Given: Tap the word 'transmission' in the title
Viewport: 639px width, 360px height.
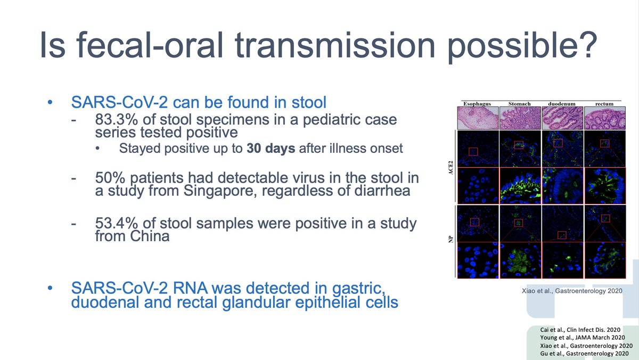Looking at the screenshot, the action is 334,45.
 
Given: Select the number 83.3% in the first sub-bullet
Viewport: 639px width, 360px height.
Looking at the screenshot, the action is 117,119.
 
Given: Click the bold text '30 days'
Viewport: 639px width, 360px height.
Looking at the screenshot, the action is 271,149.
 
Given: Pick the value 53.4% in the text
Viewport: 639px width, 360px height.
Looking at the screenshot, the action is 117,223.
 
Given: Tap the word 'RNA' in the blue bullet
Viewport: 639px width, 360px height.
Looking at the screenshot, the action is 190,288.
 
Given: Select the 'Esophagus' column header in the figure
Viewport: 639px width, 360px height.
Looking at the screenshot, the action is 477,104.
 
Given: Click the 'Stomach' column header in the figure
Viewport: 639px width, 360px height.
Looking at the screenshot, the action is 519,104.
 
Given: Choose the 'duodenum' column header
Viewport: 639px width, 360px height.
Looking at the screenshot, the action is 562,104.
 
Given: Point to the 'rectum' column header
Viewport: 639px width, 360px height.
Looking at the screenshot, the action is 604,104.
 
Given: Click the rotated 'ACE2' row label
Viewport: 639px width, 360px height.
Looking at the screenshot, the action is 450,167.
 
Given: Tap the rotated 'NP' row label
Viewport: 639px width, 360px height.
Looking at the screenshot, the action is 450,239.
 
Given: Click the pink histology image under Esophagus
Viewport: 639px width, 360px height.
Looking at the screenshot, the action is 478,118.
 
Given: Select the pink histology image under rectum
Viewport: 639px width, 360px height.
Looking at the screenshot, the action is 605,118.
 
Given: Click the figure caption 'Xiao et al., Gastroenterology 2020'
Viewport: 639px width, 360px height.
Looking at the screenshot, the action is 572,291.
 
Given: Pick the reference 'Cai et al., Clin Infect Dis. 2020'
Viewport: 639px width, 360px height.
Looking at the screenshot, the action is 580,330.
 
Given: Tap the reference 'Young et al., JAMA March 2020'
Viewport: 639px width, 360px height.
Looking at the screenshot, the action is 583,338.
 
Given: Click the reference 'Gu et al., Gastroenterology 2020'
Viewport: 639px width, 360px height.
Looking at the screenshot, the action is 584,354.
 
